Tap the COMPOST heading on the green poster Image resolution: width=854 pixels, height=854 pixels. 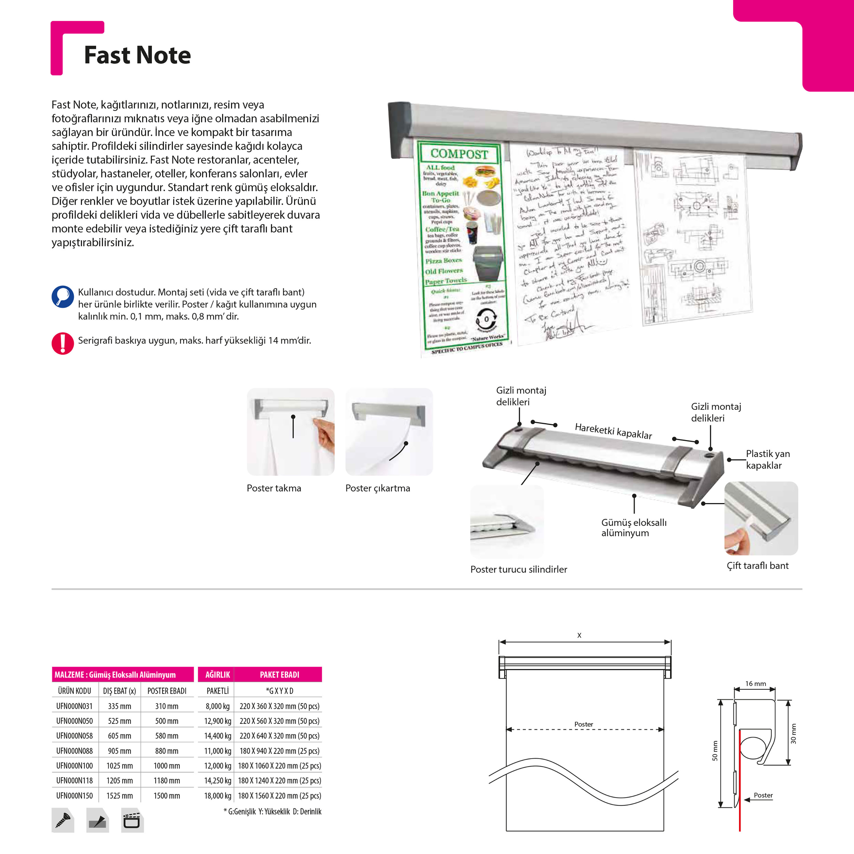[459, 154]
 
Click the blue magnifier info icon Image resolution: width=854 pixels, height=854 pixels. [63, 297]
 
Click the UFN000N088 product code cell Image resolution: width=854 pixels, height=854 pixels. [74, 751]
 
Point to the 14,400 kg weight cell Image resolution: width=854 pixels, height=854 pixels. [217, 736]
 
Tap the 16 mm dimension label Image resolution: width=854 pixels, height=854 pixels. [756, 683]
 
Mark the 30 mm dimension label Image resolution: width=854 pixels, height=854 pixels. [793, 734]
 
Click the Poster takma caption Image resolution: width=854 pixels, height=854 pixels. [274, 488]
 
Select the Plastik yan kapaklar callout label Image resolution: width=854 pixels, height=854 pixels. [768, 459]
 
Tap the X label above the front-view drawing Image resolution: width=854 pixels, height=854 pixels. [579, 635]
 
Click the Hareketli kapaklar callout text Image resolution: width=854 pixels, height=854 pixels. [613, 431]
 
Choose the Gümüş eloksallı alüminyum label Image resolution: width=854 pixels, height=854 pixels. [633, 527]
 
